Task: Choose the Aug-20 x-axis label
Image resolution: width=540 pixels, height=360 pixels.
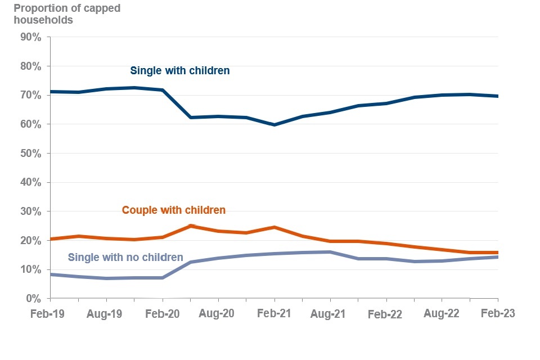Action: click(218, 313)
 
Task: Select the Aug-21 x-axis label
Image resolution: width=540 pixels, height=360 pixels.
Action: click(330, 313)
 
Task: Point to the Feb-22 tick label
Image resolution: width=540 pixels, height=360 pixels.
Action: click(385, 315)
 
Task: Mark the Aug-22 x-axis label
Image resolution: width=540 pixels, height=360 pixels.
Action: click(442, 313)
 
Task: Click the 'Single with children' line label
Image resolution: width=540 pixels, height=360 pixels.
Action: click(180, 71)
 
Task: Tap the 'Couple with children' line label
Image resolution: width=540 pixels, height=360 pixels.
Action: click(174, 210)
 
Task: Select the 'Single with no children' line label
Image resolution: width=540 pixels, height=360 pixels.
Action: click(125, 258)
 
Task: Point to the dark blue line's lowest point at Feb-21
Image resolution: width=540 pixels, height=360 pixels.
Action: click(274, 125)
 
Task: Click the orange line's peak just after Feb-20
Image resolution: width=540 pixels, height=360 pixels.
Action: click(191, 226)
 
